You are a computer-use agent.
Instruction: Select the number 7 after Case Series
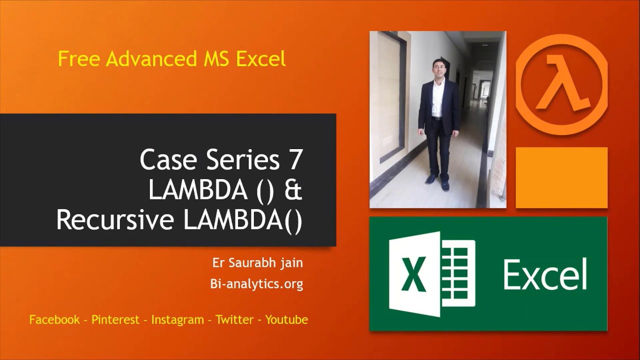[296, 160]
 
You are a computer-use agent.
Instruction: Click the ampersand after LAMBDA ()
[294, 190]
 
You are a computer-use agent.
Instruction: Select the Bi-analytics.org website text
[257, 284]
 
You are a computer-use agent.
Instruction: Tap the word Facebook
[54, 320]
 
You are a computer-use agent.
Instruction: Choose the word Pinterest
[115, 320]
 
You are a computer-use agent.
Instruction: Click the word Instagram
[177, 320]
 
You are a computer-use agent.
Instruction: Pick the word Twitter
[235, 320]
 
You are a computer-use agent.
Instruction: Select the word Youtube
[286, 320]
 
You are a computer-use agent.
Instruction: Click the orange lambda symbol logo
[561, 84]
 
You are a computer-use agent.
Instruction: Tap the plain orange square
[561, 177]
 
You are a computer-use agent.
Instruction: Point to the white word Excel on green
[545, 274]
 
